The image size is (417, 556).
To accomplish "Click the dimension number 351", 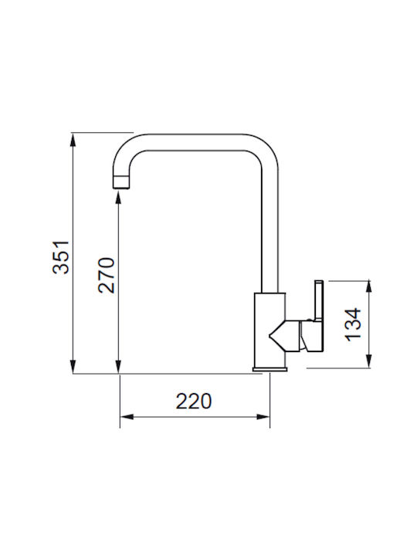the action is tap(61, 257).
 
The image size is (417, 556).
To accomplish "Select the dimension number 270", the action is tap(107, 275).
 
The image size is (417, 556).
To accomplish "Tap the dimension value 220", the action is tap(194, 401).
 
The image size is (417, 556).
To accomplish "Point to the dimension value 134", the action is tap(353, 324).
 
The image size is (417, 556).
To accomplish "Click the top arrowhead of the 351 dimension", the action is tap(73, 140).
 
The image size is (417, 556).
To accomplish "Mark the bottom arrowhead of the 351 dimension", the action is tap(73, 367).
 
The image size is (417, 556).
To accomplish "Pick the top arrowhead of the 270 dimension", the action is tap(118, 197).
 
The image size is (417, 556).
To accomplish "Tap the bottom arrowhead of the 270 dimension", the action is tap(118, 367).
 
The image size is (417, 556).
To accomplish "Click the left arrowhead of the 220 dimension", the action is tap(127, 417).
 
